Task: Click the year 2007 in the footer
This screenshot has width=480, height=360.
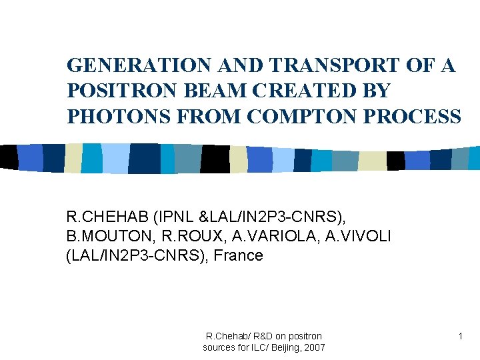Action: pyautogui.click(x=313, y=347)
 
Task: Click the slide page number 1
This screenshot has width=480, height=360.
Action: pyautogui.click(x=460, y=337)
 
